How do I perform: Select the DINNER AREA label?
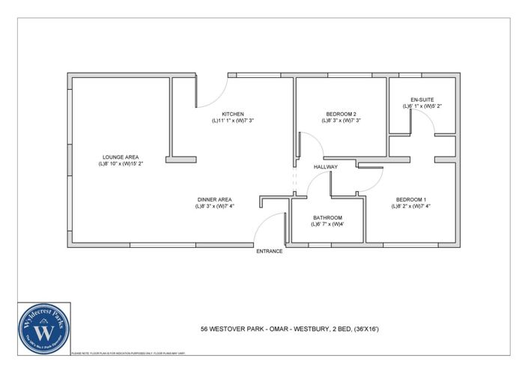point(215,199)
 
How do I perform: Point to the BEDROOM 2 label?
point(341,114)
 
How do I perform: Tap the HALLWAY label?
point(325,167)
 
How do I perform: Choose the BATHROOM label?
point(327,217)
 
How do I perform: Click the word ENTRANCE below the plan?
point(270,252)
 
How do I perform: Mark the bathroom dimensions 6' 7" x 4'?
point(327,224)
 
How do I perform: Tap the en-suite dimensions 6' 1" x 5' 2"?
point(422,106)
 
